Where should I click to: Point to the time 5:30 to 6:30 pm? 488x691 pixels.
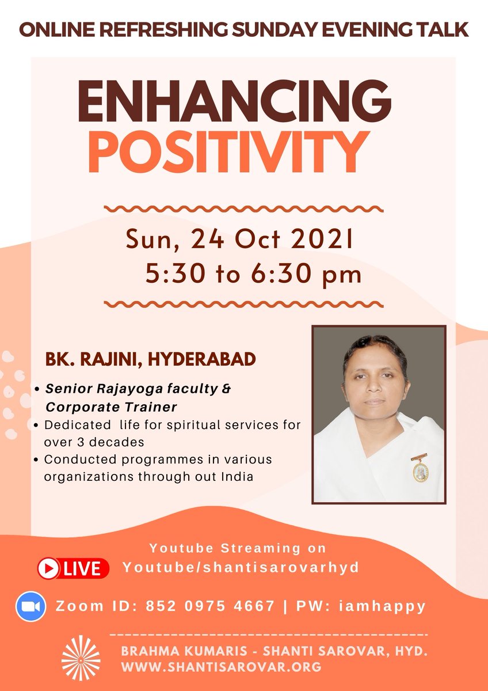click(254, 274)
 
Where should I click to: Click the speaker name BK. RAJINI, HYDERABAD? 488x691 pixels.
click(151, 360)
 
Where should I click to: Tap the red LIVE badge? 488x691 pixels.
click(73, 569)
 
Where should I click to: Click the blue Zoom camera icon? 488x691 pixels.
click(31, 606)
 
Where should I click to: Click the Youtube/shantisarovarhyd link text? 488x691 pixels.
click(241, 567)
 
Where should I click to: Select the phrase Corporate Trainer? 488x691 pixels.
click(111, 407)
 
